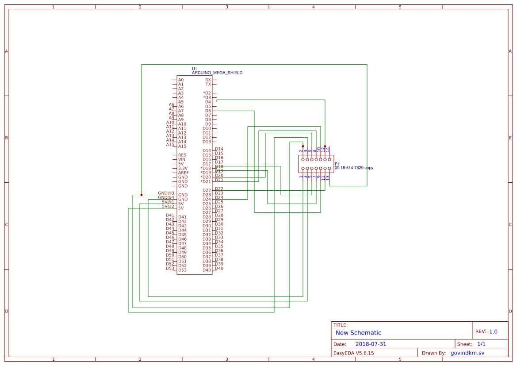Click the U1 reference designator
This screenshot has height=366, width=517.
[194, 69]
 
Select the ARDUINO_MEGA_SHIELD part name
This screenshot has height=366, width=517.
[217, 73]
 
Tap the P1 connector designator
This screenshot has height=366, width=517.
[337, 164]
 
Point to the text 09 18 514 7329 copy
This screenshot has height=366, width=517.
[354, 168]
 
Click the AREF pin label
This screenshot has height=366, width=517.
[184, 173]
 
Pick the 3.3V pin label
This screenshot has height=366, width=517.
[183, 168]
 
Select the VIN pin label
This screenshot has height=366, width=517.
[182, 159]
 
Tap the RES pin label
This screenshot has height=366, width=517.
[182, 155]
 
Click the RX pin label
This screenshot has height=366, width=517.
[208, 80]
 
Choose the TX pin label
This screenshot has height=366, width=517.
[208, 84]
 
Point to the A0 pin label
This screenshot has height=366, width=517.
[181, 80]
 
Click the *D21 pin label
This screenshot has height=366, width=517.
[206, 181]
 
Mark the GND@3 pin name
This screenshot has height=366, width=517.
[166, 193]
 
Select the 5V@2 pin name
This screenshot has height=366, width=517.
[168, 206]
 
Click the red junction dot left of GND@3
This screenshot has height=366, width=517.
[142, 195]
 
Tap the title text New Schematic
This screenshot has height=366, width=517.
[358, 333]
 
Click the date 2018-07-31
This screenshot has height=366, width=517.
[371, 344]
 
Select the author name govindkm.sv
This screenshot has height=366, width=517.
[467, 353]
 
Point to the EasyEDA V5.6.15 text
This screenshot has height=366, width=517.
[353, 353]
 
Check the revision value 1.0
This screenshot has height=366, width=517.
[493, 331]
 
